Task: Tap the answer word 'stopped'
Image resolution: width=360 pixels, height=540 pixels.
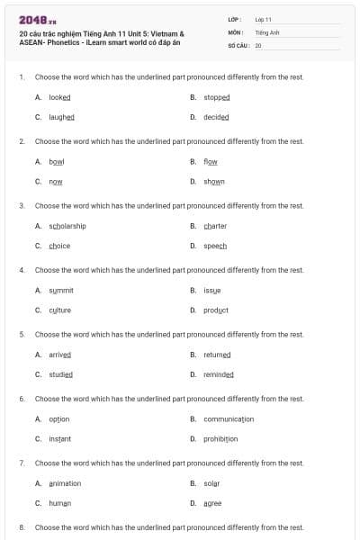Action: point(217,96)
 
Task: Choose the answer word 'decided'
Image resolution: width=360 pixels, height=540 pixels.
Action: point(216,117)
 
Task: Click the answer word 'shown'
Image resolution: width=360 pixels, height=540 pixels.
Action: point(214,181)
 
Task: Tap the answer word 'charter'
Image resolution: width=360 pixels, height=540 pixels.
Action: point(215,225)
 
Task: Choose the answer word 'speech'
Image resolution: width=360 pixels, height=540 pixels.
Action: point(215,246)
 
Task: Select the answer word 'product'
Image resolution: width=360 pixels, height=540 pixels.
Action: point(216,310)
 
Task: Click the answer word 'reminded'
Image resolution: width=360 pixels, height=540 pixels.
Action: point(219,374)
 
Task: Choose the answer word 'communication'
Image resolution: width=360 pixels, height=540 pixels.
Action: point(229,418)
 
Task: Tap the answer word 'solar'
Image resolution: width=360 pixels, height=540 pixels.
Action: point(211,483)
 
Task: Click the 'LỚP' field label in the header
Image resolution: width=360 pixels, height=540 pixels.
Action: point(234,19)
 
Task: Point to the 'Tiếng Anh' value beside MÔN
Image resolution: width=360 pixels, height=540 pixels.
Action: point(267,31)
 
